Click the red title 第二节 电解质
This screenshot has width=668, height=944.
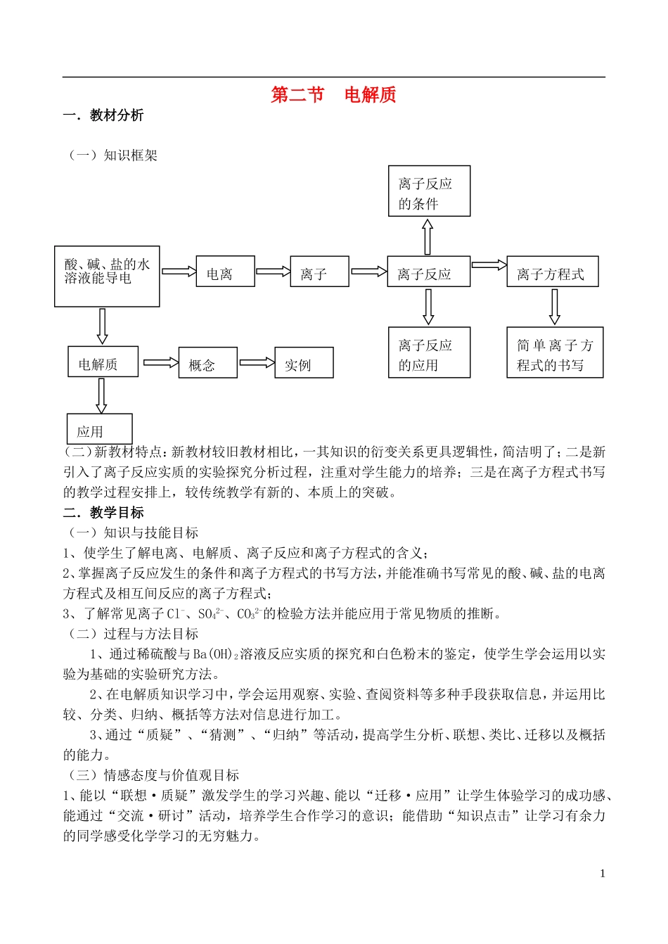[333, 95]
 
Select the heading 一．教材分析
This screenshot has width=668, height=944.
[103, 115]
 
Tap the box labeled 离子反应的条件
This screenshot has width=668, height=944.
[429, 191]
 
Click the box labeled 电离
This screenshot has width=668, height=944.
[225, 272]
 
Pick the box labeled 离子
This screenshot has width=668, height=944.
[319, 272]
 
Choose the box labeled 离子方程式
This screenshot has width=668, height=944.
[552, 272]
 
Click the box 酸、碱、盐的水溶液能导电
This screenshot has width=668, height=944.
[107, 276]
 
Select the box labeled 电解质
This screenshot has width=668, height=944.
[103, 362]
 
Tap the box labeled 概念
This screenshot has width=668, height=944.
[207, 363]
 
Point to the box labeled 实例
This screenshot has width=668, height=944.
[304, 363]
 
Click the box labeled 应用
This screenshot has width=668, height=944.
[100, 429]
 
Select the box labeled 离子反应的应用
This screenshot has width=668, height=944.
[429, 352]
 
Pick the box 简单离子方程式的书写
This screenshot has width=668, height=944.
[555, 352]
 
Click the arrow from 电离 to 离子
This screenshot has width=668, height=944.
[273, 272]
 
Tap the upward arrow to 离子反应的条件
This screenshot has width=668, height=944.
[428, 236]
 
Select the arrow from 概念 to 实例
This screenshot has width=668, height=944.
[257, 363]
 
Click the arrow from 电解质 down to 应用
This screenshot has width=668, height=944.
[101, 395]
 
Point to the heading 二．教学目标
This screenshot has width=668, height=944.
[103, 513]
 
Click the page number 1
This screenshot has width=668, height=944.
[603, 874]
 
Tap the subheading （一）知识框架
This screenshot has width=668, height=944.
[113, 155]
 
